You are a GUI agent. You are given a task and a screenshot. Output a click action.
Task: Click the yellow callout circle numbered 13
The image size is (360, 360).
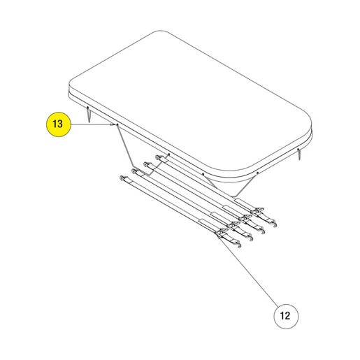(x=58, y=124)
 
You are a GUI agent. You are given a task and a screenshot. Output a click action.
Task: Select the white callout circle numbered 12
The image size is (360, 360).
(x=286, y=316)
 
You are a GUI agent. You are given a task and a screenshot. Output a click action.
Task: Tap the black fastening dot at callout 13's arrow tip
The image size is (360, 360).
(x=117, y=125)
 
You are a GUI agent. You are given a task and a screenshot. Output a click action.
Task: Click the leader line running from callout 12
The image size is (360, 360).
(x=248, y=271)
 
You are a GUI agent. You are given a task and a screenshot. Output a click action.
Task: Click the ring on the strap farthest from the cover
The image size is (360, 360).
(x=122, y=178)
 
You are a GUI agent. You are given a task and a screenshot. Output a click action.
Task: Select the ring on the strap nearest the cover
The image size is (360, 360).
(x=158, y=157)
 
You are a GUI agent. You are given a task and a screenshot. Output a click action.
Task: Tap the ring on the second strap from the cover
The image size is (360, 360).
(x=146, y=164)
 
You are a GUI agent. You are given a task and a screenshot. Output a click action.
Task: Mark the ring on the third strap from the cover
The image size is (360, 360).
(x=134, y=171)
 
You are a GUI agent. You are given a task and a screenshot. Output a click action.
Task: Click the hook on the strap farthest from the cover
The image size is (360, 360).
(x=239, y=245)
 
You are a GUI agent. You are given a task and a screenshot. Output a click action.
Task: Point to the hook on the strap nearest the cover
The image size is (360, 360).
(x=274, y=224)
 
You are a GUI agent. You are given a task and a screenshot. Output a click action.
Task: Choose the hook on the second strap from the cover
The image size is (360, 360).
(x=262, y=231)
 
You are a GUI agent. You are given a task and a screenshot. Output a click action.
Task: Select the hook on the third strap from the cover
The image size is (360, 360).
(x=250, y=238)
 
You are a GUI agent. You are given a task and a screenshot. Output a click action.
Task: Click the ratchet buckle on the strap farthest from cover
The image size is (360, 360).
(x=222, y=232)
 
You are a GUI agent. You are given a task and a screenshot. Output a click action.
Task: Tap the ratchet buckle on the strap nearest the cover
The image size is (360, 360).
(x=257, y=212)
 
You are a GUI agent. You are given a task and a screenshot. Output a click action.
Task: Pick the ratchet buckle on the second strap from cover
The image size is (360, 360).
(x=245, y=219)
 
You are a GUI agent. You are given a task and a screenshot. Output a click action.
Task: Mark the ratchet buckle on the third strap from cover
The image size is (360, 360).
(x=233, y=225)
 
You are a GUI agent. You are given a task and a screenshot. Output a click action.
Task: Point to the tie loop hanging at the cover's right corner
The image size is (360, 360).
(x=299, y=154)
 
